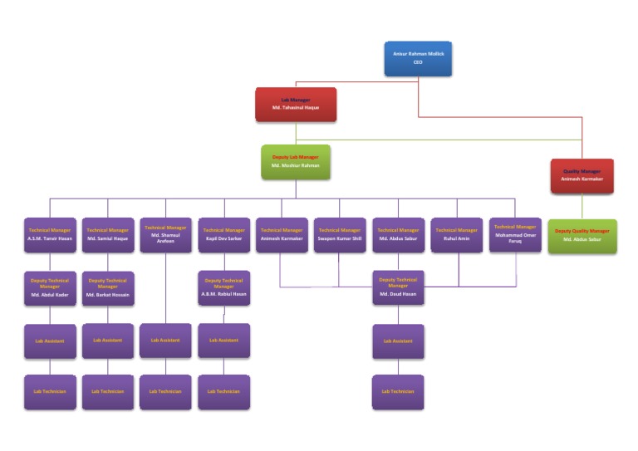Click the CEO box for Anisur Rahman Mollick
click(x=418, y=58)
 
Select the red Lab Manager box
click(x=295, y=104)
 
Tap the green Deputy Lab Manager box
click(x=295, y=161)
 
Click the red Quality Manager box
click(x=582, y=175)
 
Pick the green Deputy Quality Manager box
click(x=582, y=236)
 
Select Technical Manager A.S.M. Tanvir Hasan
click(x=50, y=235)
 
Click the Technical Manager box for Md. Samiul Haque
click(x=108, y=235)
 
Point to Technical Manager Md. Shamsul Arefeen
click(x=165, y=234)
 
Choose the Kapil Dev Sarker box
click(x=223, y=235)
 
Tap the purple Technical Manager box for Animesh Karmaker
click(x=282, y=235)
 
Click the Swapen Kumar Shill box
click(x=340, y=235)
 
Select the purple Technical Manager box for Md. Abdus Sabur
click(x=398, y=235)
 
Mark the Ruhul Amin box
click(x=456, y=235)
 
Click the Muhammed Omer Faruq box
click(x=515, y=234)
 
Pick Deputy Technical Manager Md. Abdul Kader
click(x=50, y=288)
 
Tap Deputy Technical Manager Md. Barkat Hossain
click(x=108, y=288)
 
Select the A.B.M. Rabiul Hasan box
click(x=223, y=288)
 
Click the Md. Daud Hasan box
click(x=398, y=287)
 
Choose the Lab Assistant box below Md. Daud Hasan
click(x=398, y=341)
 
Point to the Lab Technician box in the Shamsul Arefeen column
click(x=165, y=391)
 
